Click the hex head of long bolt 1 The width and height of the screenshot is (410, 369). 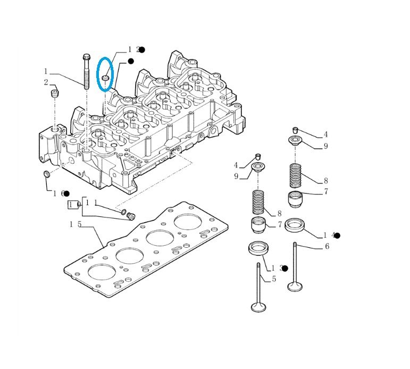[86, 57]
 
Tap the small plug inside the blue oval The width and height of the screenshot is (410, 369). [105, 78]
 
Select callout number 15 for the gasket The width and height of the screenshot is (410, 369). [76, 224]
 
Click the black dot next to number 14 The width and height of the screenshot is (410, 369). [338, 236]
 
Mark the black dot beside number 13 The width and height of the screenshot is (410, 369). [285, 269]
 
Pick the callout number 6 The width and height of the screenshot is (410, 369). [327, 246]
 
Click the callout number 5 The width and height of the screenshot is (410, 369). [274, 279]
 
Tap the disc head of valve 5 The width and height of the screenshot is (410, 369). [258, 306]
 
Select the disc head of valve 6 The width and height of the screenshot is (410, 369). [295, 287]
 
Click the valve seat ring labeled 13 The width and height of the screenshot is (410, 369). [258, 248]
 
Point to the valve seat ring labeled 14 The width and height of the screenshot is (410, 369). [295, 225]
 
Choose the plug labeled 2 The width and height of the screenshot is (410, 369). [54, 94]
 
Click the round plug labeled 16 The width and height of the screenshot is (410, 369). [46, 174]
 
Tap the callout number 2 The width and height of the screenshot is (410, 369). [46, 82]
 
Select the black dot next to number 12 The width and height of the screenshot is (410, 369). [142, 49]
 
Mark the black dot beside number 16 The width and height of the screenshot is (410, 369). [66, 194]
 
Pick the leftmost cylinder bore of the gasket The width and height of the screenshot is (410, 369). [102, 272]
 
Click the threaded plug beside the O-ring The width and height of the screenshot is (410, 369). [130, 216]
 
